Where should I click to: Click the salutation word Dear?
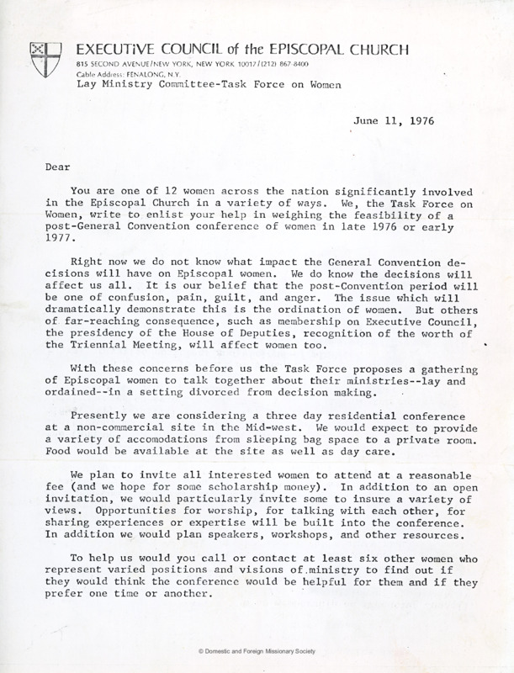[x=56, y=167]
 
